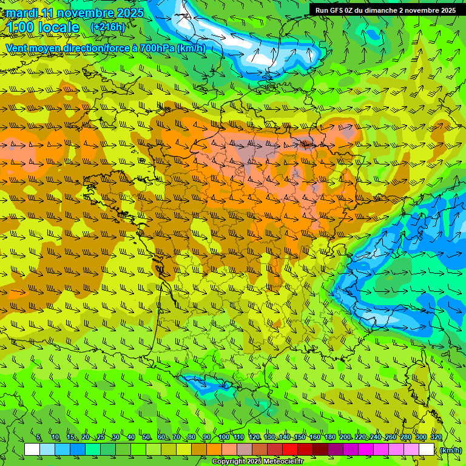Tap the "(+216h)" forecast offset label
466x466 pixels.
click(x=107, y=27)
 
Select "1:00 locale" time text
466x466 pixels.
click(x=42, y=27)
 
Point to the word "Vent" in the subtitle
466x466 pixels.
click(x=18, y=49)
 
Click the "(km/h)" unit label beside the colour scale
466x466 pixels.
click(x=450, y=450)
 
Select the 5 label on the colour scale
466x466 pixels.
click(x=39, y=437)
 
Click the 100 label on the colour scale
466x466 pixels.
click(x=224, y=437)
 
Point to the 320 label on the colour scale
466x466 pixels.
click(x=436, y=437)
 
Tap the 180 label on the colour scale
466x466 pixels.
click(x=330, y=437)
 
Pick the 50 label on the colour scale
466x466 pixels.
click(x=146, y=437)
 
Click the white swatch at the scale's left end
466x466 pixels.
click(x=32, y=450)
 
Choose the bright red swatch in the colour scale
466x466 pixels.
click(x=290, y=450)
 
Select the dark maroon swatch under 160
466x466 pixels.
click(x=320, y=450)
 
